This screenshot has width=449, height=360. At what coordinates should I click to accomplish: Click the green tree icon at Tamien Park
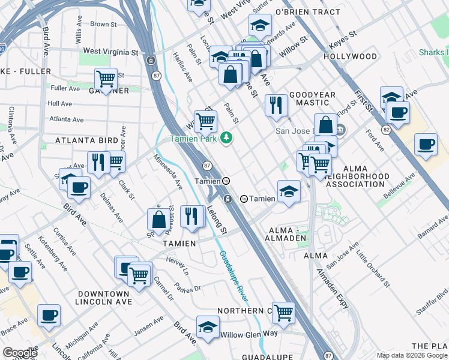click(x=226, y=138)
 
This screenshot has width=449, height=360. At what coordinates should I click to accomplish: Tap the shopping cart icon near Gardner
click(x=106, y=79)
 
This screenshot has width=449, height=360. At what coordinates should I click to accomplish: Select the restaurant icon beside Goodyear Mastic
click(x=276, y=105)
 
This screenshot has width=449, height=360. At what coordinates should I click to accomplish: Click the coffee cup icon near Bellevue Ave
click(x=426, y=145)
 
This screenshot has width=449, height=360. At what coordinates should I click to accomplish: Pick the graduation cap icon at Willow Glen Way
click(x=208, y=327)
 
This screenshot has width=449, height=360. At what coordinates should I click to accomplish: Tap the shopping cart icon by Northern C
click(x=283, y=312)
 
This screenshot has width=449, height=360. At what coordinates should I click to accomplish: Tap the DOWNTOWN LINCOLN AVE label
click(x=103, y=298)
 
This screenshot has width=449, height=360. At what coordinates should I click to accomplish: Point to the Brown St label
click(x=103, y=24)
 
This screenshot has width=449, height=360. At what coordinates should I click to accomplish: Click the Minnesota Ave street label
click(x=167, y=171)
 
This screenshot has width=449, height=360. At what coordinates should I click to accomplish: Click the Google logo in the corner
click(x=20, y=353)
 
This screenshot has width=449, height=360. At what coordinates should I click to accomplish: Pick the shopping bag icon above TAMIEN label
click(x=159, y=219)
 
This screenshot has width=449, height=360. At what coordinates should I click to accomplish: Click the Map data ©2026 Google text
click(x=411, y=355)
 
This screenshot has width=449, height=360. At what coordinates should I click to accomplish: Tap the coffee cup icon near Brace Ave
click(x=49, y=315)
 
